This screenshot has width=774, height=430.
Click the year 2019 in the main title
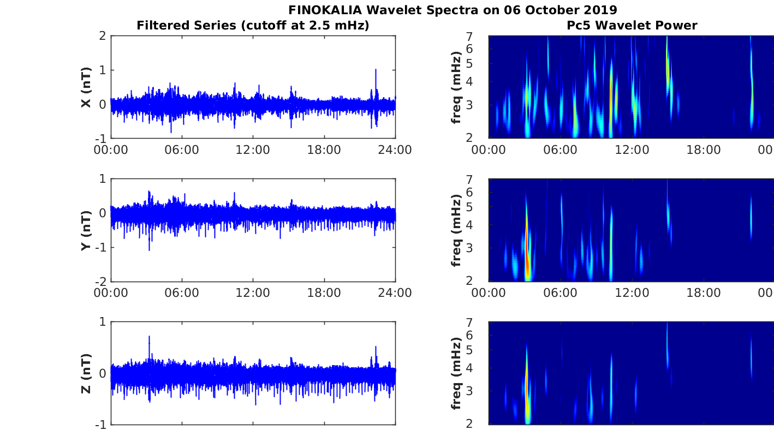[x=599, y=10]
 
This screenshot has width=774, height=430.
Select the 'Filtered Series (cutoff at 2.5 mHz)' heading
[x=253, y=25]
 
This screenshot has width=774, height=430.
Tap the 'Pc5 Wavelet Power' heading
[x=632, y=25]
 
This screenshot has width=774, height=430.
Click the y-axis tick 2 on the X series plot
[x=102, y=36]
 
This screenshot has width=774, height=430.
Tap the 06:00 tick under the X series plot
[x=182, y=150]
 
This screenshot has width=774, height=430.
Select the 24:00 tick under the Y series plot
[x=395, y=293]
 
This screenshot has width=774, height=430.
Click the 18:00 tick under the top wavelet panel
[x=704, y=150]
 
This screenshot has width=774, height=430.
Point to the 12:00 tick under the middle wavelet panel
[x=632, y=293]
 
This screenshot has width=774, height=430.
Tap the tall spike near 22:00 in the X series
[x=376, y=71]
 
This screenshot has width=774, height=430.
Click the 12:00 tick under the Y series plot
[x=253, y=293]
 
